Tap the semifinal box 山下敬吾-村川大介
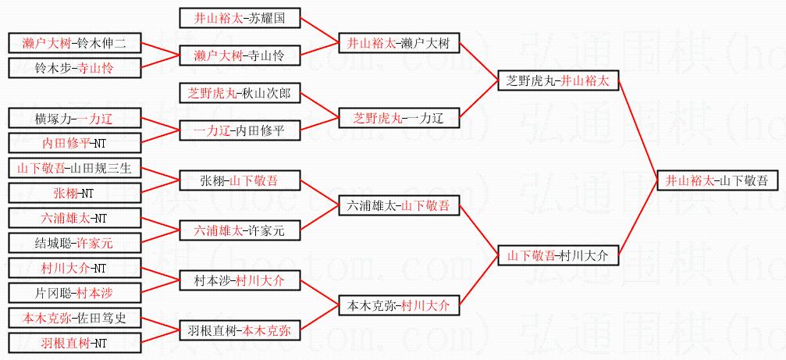[x=558, y=255]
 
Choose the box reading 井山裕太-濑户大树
[x=398, y=43]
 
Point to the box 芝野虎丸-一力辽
[x=398, y=118]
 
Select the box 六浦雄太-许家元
[x=239, y=230]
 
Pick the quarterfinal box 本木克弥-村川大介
[x=398, y=305]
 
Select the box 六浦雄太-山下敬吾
[x=398, y=205]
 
